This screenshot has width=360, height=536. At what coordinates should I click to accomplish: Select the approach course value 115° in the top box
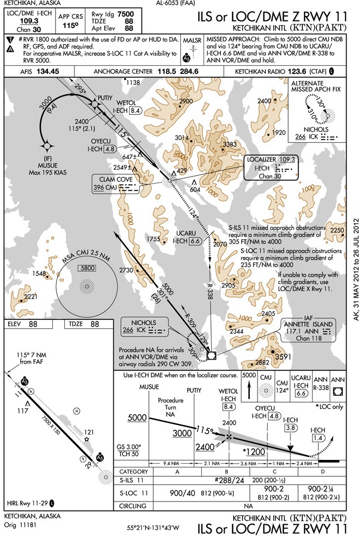coord(67,25)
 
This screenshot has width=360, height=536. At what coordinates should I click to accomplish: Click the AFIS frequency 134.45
coord(48,71)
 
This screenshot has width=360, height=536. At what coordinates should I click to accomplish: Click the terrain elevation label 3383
coord(230,145)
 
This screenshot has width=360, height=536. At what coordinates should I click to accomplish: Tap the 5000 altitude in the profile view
coord(137,418)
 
